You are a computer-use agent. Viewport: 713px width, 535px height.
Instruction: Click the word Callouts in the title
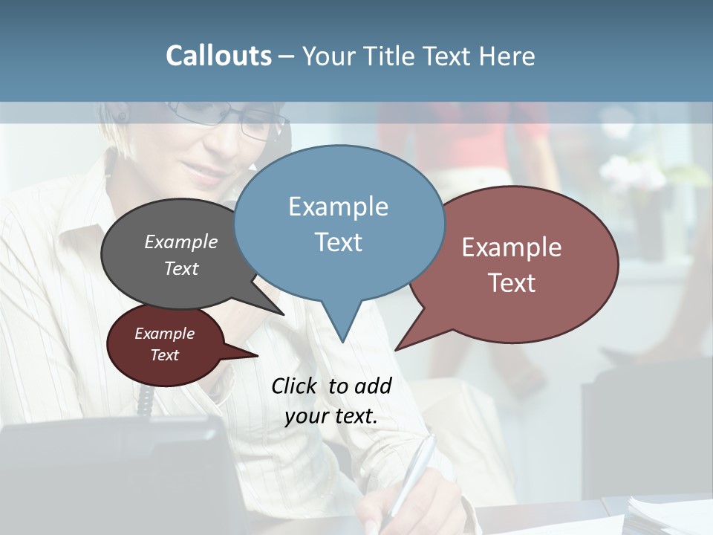pyautogui.click(x=218, y=56)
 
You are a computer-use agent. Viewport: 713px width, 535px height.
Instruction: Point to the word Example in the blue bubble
pyautogui.click(x=338, y=207)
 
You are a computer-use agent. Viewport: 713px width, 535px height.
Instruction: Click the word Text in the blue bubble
pyautogui.click(x=338, y=242)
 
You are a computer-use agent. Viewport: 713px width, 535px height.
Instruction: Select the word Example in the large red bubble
pyautogui.click(x=512, y=247)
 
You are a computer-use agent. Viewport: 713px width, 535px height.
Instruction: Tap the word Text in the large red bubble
pyautogui.click(x=512, y=283)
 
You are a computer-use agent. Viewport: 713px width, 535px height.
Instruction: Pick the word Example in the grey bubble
pyautogui.click(x=181, y=242)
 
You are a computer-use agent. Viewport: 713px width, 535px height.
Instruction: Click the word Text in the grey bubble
pyautogui.click(x=181, y=268)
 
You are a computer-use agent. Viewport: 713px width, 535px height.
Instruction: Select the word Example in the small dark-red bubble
pyautogui.click(x=164, y=334)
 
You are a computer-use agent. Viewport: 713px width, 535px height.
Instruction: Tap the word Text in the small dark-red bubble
pyautogui.click(x=164, y=355)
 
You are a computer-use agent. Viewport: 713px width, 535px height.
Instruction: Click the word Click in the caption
pyautogui.click(x=294, y=386)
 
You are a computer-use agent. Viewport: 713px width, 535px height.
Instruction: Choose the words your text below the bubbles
pyautogui.click(x=331, y=416)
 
